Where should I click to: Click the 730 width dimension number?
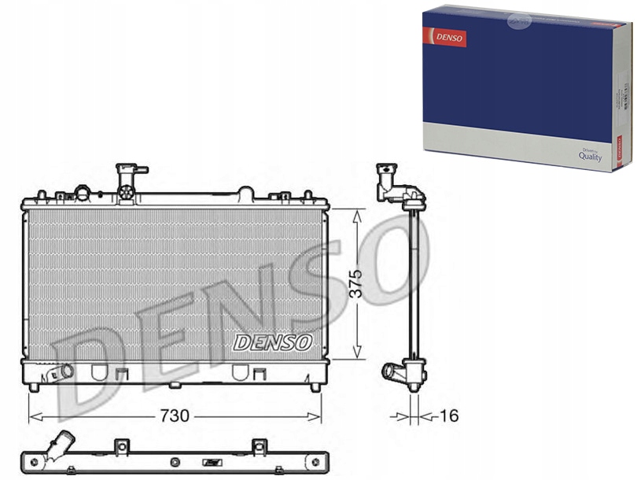[x=175, y=416]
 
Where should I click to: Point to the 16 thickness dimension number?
[x=449, y=416]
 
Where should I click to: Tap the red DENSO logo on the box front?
[x=445, y=37]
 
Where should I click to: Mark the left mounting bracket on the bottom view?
[x=121, y=447]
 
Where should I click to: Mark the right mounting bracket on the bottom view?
[x=259, y=447]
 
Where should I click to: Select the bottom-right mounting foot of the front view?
[x=315, y=386]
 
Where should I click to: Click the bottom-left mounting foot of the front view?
[x=34, y=386]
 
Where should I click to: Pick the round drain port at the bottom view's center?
[x=210, y=462]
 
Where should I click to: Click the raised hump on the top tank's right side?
[x=245, y=191]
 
